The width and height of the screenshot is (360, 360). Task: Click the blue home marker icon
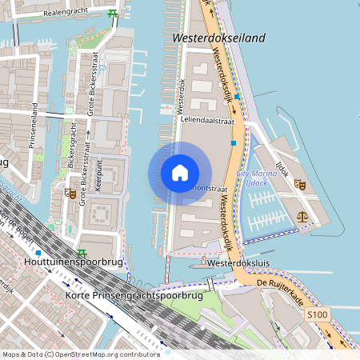[x=180, y=173]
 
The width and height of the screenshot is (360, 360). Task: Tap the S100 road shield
[x=317, y=317]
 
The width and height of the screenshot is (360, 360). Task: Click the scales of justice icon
[x=302, y=215]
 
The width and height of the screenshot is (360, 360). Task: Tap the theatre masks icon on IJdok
[x=300, y=184]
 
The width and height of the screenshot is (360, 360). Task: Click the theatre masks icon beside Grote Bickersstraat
[x=71, y=194]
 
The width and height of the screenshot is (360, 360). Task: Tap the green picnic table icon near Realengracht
[x=113, y=14]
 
